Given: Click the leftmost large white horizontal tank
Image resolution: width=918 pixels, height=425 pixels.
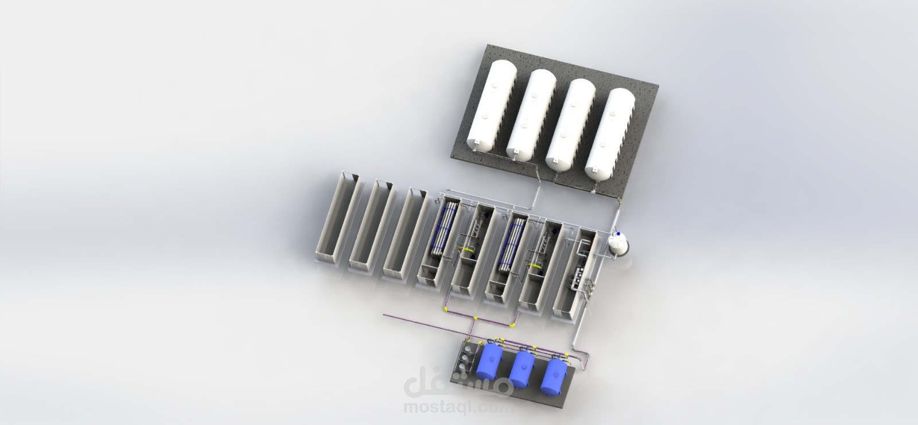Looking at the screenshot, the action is [x=492, y=105].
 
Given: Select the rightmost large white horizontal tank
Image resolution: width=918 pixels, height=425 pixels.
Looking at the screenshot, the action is [x=610, y=134].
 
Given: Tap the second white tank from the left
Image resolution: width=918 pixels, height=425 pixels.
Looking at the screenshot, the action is [x=531, y=114].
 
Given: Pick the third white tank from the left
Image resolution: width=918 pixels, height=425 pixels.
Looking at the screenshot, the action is [x=570, y=124].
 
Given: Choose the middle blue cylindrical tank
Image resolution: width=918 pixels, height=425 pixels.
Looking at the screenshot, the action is [x=522, y=368].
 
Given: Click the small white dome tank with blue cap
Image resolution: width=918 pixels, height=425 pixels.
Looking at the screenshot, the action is [x=619, y=245].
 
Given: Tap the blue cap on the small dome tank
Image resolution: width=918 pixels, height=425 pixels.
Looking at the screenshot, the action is [x=618, y=233].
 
